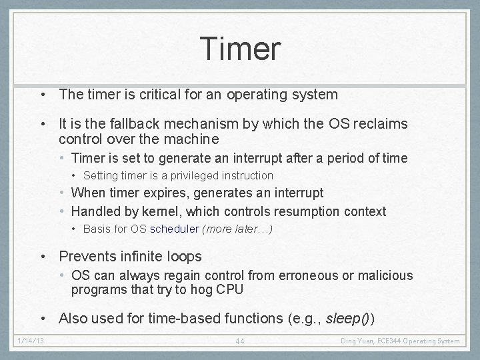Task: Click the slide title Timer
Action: [240, 49]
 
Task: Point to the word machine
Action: [193, 139]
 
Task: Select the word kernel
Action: [162, 212]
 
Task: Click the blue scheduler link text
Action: [175, 229]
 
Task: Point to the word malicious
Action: [387, 275]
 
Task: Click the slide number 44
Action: [240, 341]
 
